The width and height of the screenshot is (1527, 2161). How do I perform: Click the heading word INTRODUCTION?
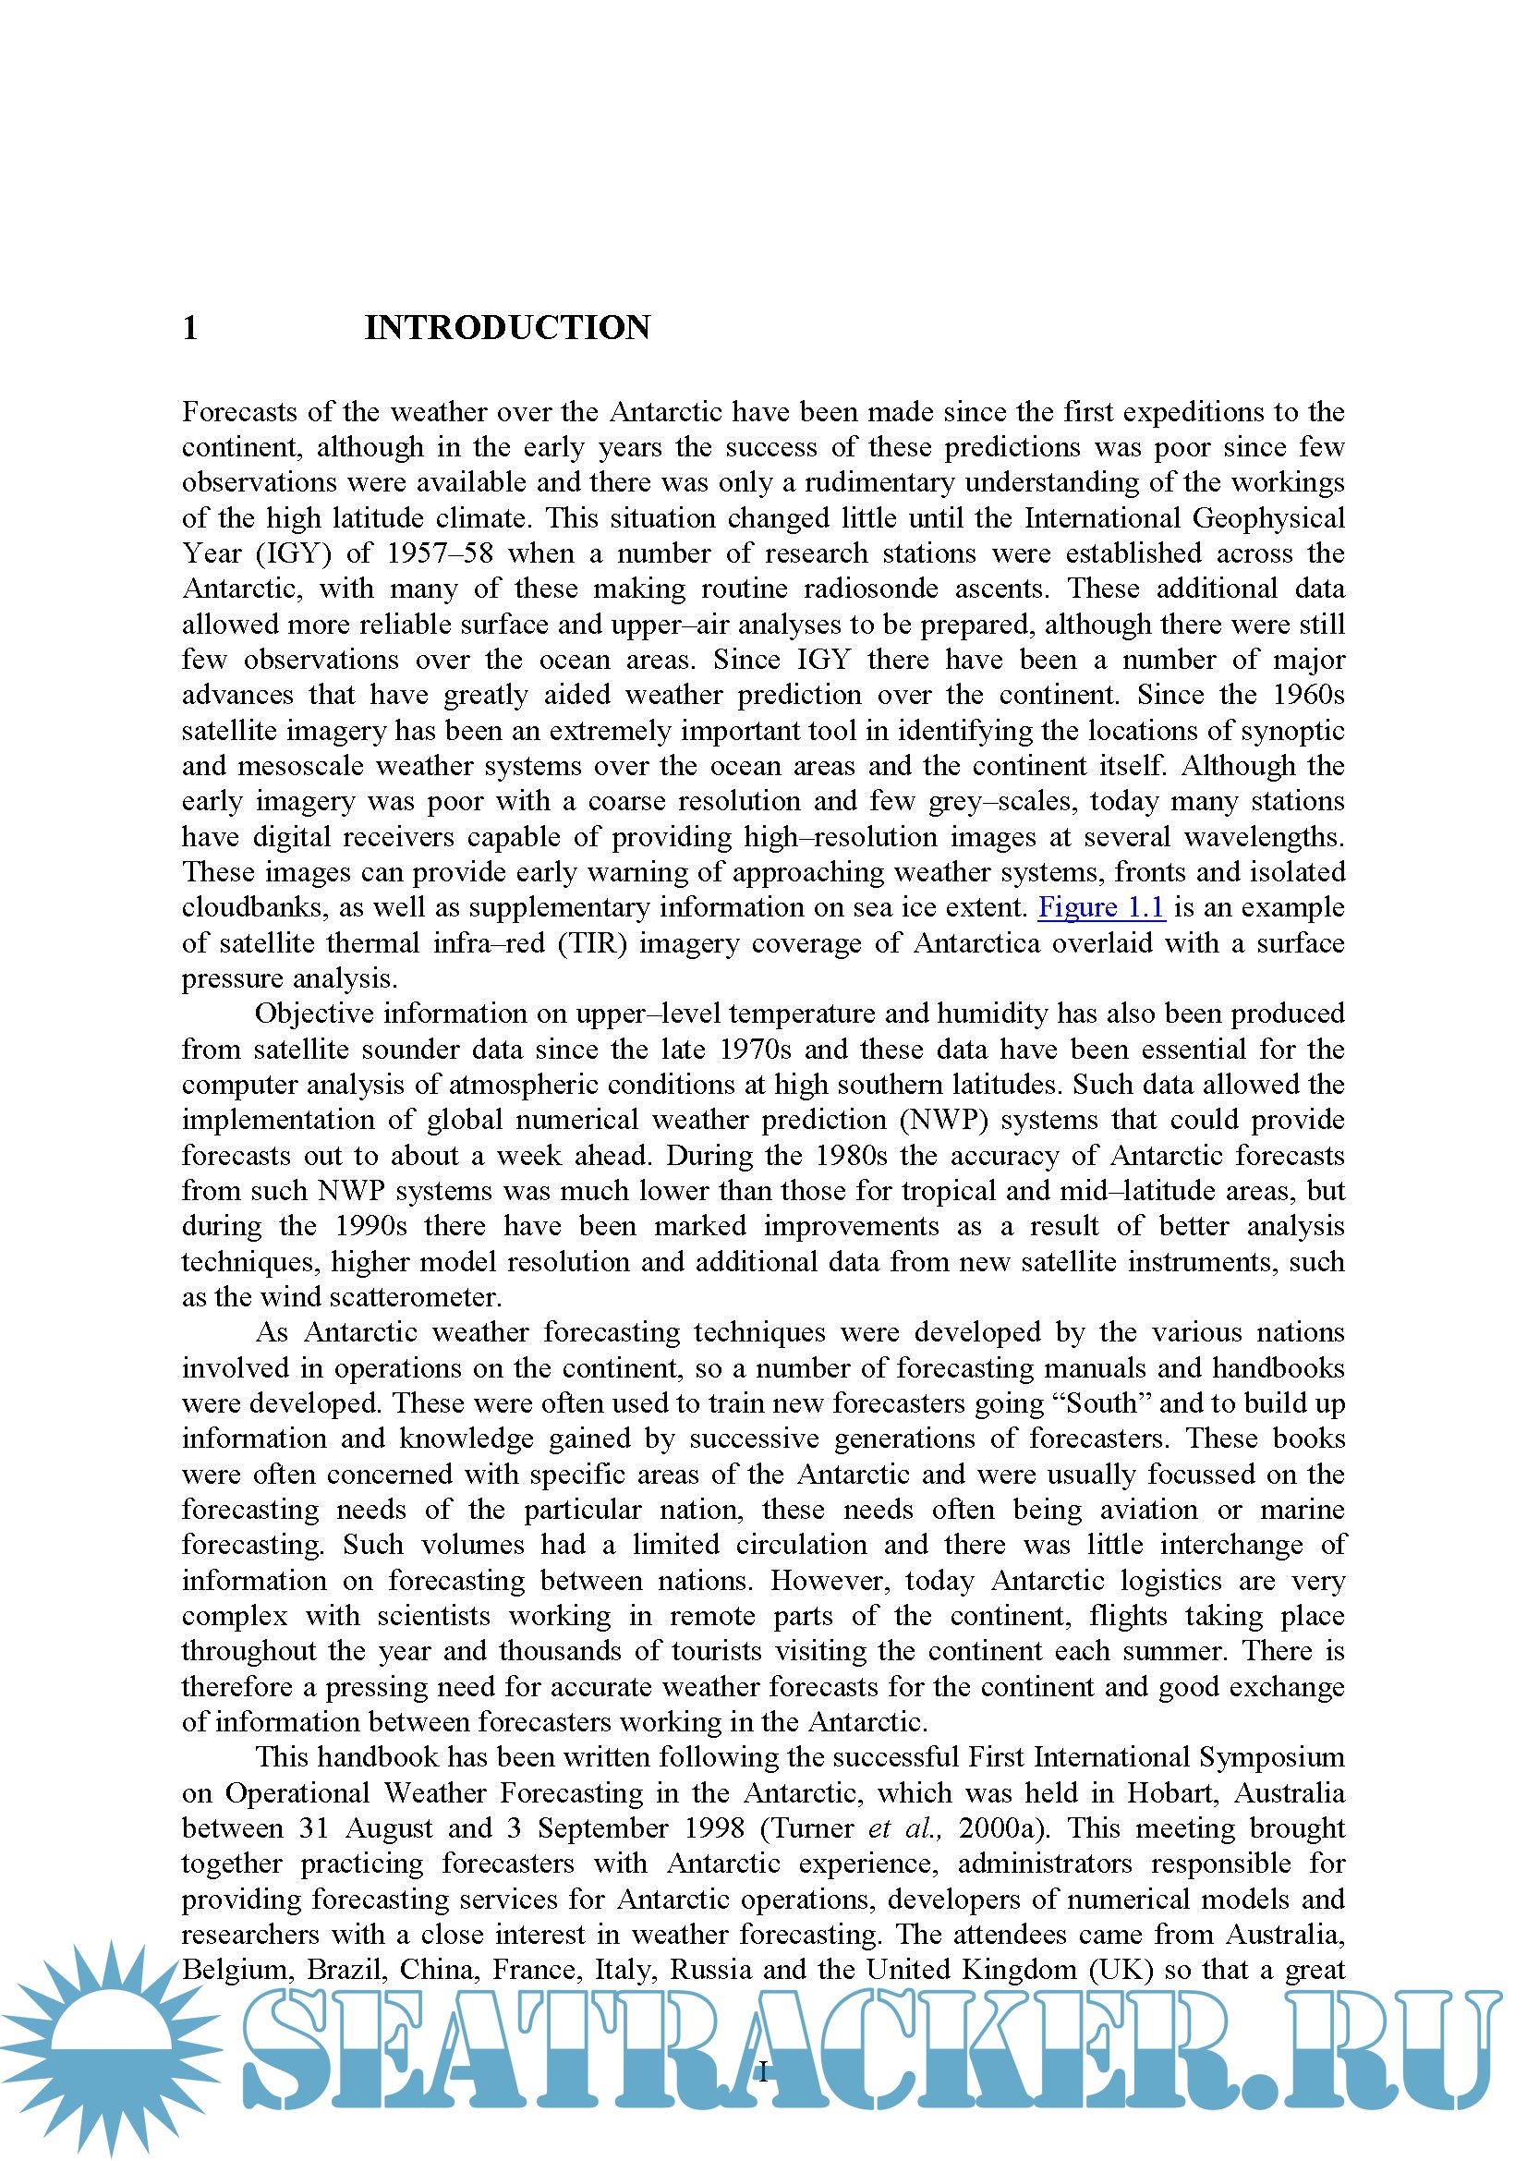point(507,328)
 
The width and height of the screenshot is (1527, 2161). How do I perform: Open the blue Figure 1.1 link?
point(1101,907)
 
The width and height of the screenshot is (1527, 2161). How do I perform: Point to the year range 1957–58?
point(440,553)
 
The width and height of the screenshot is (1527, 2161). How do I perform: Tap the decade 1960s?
point(1308,695)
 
